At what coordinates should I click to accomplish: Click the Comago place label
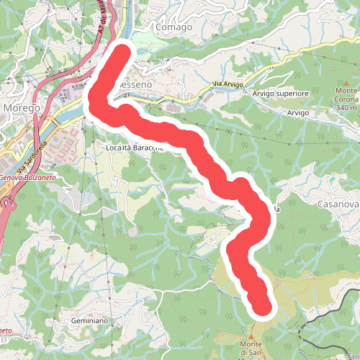click(x=173, y=27)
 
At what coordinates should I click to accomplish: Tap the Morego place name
click(x=22, y=107)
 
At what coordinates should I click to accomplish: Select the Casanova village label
click(x=337, y=204)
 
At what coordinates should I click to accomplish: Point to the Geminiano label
click(x=89, y=320)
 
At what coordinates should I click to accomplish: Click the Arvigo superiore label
click(x=281, y=94)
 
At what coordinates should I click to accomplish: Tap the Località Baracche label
click(x=135, y=147)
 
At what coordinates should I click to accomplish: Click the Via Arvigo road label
click(x=228, y=86)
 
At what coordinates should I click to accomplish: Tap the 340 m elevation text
click(x=346, y=108)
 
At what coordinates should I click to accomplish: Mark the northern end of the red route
click(x=124, y=55)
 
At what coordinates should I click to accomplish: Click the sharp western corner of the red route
click(x=94, y=105)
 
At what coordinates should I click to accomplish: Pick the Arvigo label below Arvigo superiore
click(x=297, y=114)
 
